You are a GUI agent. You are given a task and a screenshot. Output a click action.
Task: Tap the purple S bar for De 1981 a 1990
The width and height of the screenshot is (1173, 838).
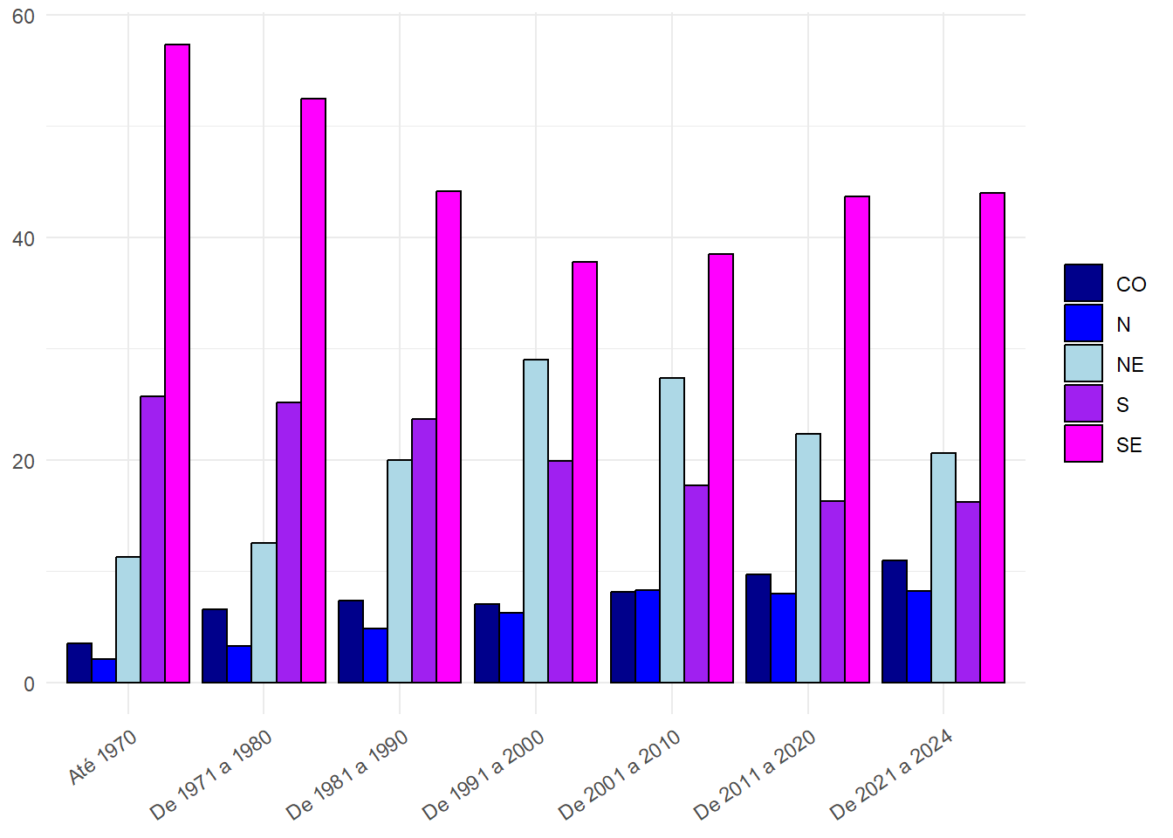click(x=424, y=551)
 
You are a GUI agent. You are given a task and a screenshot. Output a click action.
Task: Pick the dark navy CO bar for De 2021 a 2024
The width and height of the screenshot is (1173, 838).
click(x=895, y=622)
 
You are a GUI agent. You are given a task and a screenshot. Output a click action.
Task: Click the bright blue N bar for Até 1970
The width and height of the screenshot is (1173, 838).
click(x=104, y=670)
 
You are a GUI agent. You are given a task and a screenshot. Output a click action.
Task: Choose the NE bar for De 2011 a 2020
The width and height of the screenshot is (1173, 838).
click(x=808, y=558)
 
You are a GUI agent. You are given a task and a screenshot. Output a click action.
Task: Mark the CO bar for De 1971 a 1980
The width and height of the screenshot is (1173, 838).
click(x=215, y=646)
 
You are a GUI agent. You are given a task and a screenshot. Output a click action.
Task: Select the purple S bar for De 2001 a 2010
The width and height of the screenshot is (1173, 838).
click(x=696, y=584)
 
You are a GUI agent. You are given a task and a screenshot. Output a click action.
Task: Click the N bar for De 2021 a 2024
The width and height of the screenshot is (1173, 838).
click(x=919, y=636)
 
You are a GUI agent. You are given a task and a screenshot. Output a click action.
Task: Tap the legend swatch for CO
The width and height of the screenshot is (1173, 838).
click(x=1083, y=283)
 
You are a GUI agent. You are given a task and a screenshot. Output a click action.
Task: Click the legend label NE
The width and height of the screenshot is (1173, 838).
click(x=1129, y=365)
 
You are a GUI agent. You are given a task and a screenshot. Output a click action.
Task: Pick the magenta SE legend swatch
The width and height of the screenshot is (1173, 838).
click(x=1083, y=443)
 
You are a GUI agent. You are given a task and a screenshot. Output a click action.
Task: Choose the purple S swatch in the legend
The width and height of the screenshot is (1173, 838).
click(x=1083, y=403)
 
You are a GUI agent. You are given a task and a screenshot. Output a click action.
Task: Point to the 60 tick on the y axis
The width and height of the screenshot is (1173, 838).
click(x=24, y=17)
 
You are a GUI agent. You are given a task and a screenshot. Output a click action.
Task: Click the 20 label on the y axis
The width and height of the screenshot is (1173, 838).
click(x=24, y=461)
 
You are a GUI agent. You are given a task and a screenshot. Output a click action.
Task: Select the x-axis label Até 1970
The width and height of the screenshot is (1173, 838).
click(x=103, y=757)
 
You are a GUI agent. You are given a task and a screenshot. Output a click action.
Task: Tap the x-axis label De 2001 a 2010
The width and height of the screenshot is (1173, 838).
click(x=620, y=774)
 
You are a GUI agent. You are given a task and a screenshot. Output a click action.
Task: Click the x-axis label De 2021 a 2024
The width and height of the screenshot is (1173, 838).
click(x=891, y=774)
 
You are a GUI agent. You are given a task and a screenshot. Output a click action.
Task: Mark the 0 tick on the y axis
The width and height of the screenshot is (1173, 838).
click(x=30, y=683)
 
